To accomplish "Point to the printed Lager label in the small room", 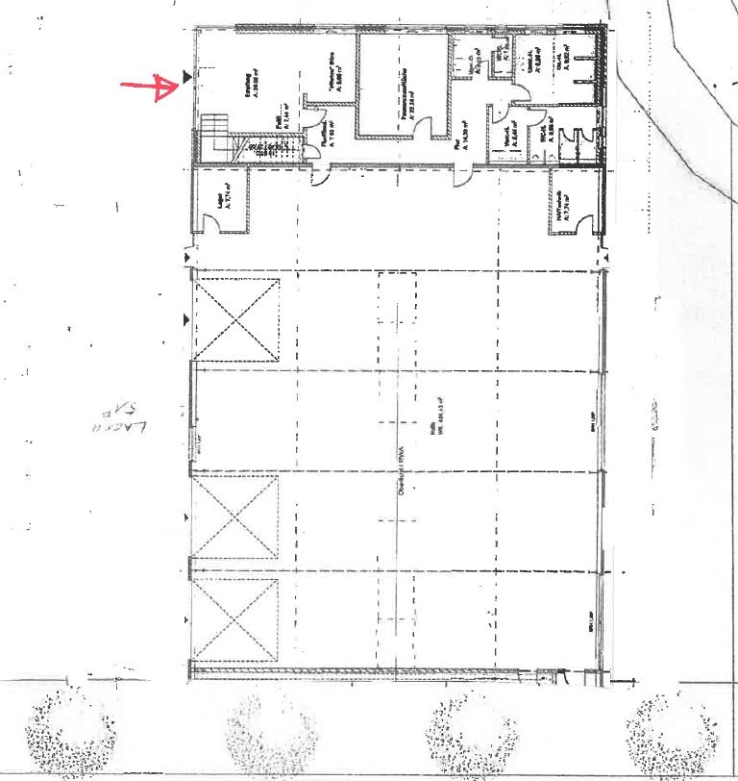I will (x=221, y=196).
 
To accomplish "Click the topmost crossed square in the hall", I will (x=236, y=319).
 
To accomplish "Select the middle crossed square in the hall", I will (x=236, y=516).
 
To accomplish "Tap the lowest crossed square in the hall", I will (x=236, y=619).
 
